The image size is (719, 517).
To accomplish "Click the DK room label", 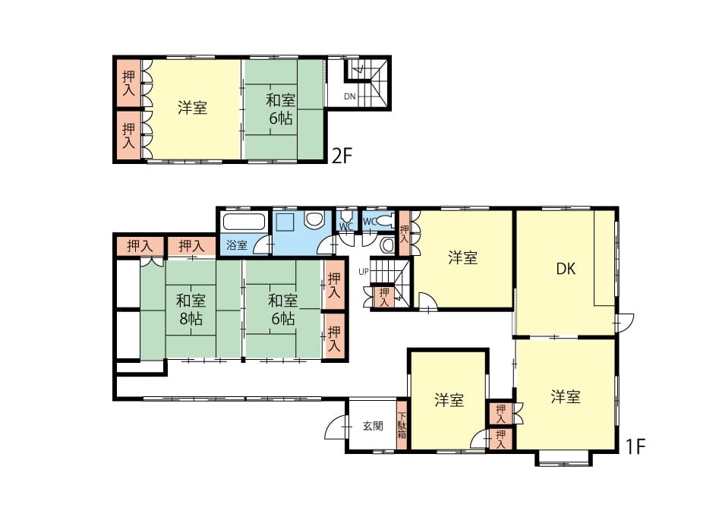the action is (x=566, y=269).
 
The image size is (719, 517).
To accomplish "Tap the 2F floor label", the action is (x=342, y=156).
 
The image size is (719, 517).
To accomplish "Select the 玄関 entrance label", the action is (x=373, y=426).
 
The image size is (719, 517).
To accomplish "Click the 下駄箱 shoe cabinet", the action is (x=402, y=425).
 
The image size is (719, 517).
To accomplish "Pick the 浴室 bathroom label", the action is (x=237, y=245).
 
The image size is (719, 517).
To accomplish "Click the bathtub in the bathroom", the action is (x=244, y=222).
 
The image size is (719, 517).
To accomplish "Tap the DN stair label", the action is (x=350, y=96).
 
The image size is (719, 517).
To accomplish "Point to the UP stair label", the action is (x=364, y=272).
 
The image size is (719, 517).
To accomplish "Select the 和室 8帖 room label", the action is (x=191, y=310).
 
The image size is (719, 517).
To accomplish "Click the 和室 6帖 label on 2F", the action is (x=280, y=109).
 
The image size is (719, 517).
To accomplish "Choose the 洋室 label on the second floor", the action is (x=193, y=108).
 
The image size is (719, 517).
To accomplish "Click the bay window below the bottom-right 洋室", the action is (x=563, y=459).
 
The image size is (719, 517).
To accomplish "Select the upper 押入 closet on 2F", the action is (x=129, y=83).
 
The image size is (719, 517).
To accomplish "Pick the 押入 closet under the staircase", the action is (x=384, y=297).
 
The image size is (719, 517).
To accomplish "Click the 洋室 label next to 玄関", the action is (x=449, y=400).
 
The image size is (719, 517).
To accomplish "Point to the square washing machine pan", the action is (x=285, y=222).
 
